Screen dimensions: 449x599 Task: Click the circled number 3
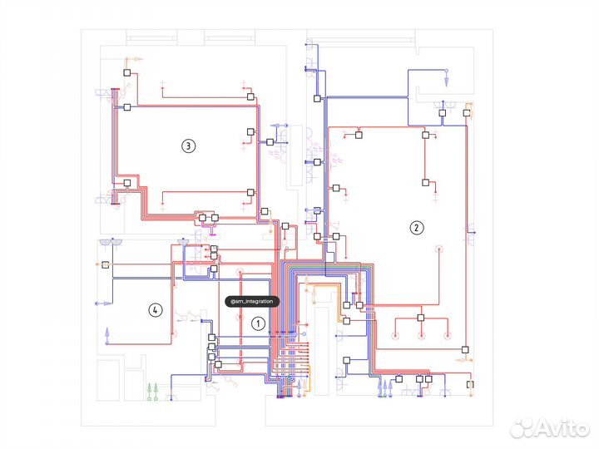188,146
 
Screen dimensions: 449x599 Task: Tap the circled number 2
416,227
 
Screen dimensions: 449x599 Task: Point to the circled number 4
154,310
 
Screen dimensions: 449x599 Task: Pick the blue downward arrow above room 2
444,81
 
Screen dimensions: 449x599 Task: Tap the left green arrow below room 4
150,387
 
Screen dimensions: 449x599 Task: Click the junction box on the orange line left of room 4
106,264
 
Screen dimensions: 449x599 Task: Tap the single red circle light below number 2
440,249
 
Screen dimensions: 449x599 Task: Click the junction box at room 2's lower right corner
466,349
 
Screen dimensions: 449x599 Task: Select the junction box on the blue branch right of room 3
270,142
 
